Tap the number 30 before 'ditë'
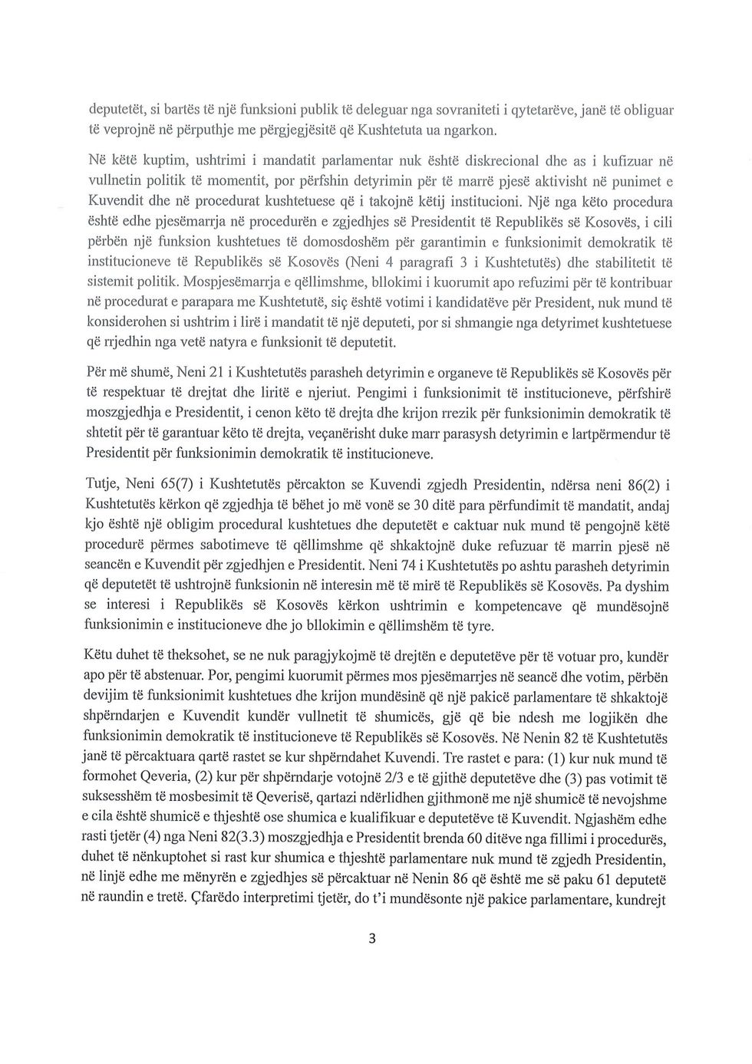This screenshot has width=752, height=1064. [x=441, y=507]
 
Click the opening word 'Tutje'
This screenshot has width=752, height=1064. [x=101, y=486]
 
